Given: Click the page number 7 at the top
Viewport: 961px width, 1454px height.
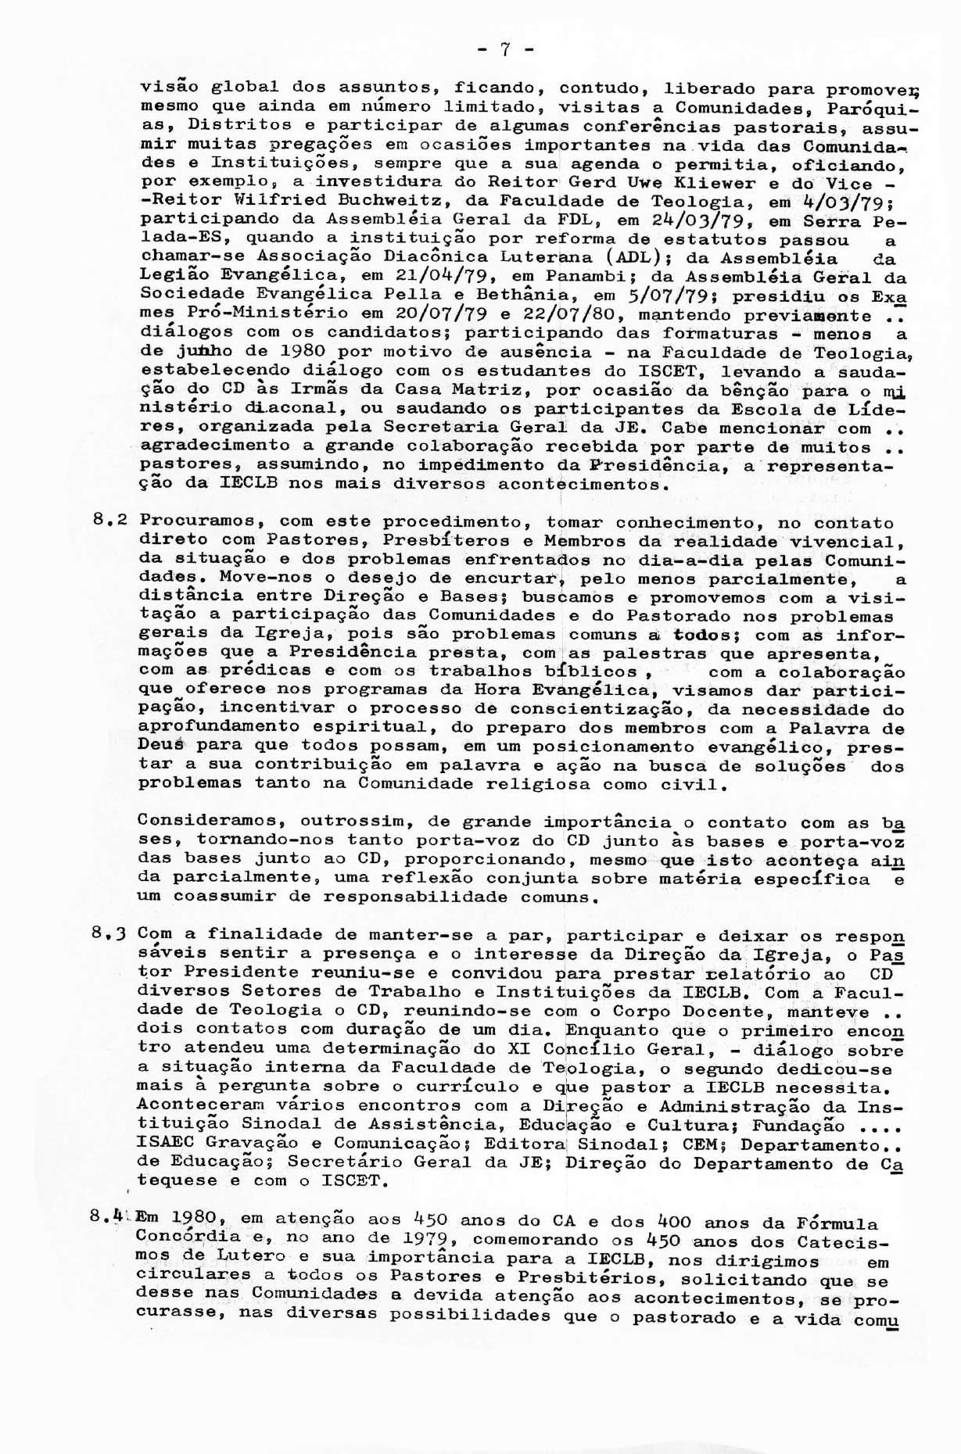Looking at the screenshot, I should click(505, 51).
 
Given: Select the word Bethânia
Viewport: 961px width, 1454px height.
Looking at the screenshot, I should click(522, 296).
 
